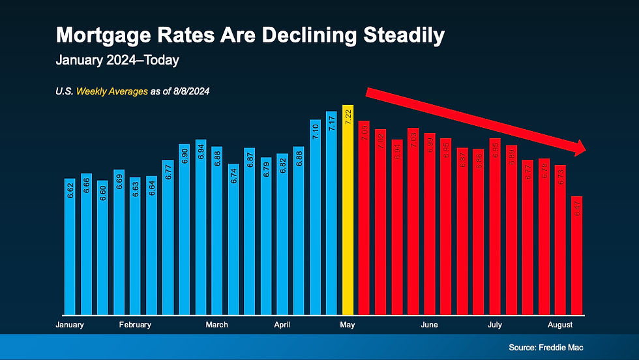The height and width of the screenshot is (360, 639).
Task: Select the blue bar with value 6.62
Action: point(70,247)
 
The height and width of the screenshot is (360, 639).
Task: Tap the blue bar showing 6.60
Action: point(103,248)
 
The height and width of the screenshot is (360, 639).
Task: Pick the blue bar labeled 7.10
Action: point(316,217)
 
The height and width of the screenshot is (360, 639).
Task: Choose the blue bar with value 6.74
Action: point(234,239)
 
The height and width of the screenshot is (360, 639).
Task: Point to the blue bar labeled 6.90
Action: point(185,229)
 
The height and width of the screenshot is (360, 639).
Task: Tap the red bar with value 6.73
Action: point(561,240)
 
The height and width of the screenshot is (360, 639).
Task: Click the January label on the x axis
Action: point(70,325)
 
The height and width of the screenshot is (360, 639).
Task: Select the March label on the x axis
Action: point(217,325)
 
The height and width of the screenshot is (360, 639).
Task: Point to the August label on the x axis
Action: point(560,325)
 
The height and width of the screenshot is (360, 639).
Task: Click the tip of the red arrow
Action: point(587,150)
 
